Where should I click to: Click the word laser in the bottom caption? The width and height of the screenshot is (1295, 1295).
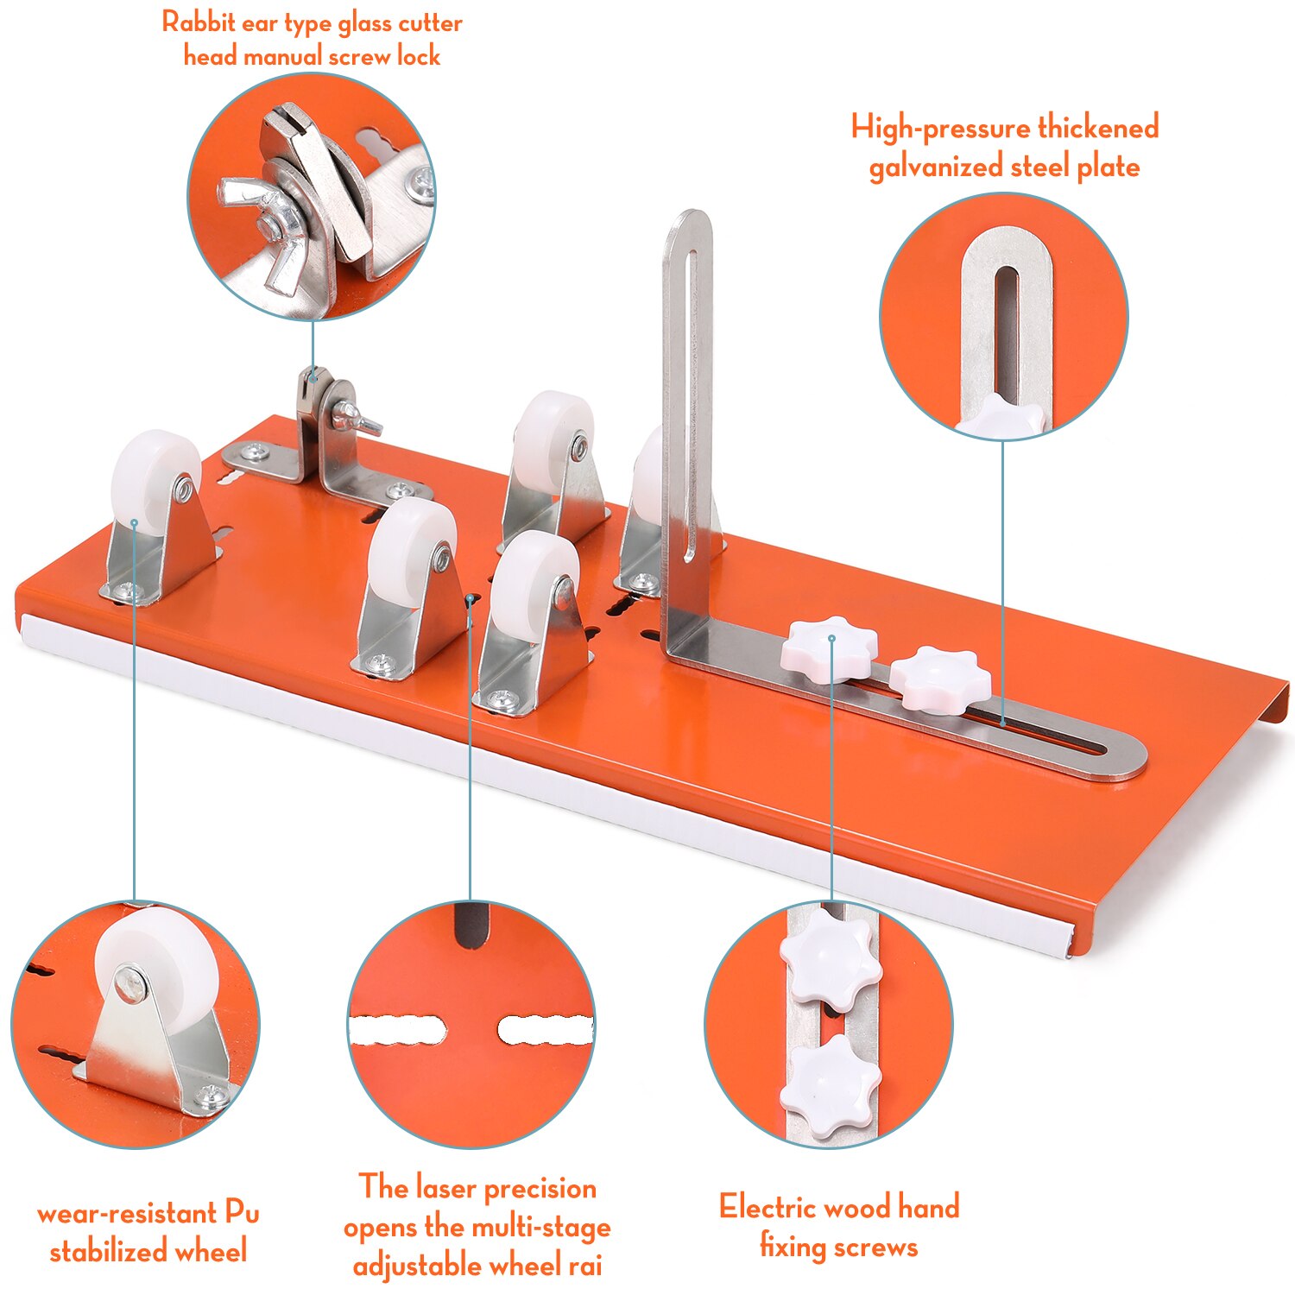click(450, 1188)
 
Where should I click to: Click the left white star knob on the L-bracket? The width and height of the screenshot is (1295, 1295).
click(830, 648)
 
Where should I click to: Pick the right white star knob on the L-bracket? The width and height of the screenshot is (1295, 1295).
click(939, 679)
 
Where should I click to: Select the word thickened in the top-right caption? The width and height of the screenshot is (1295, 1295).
click(1097, 128)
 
